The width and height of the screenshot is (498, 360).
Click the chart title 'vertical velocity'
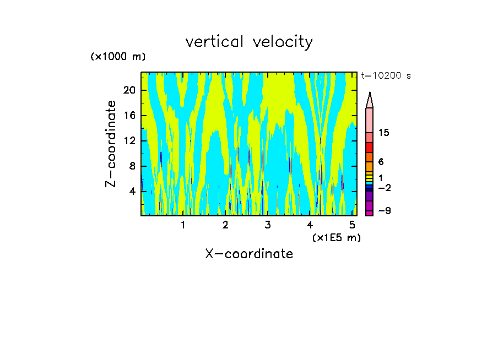[249, 42]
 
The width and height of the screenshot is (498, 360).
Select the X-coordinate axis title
[249, 254]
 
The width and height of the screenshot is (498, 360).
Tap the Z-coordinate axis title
[111, 144]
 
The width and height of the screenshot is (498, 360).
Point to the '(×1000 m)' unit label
[118, 57]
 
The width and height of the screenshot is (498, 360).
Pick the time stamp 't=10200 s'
[386, 77]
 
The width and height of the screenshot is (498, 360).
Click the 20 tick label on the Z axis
[129, 90]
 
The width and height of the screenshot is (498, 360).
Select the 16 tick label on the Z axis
[129, 116]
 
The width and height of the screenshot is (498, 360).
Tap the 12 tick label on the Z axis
[129, 141]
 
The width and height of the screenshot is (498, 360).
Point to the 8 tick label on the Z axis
[132, 166]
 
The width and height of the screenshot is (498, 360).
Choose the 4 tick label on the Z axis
[132, 192]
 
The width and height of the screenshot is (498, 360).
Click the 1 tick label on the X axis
[183, 225]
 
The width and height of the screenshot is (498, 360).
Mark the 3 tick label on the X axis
[268, 225]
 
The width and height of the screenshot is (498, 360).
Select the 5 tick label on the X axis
[353, 225]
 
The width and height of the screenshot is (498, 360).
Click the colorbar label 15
[384, 133]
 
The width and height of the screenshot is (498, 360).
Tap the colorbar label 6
[381, 162]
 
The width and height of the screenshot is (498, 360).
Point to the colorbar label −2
[384, 188]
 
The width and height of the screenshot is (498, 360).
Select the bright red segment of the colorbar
[370, 148]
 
